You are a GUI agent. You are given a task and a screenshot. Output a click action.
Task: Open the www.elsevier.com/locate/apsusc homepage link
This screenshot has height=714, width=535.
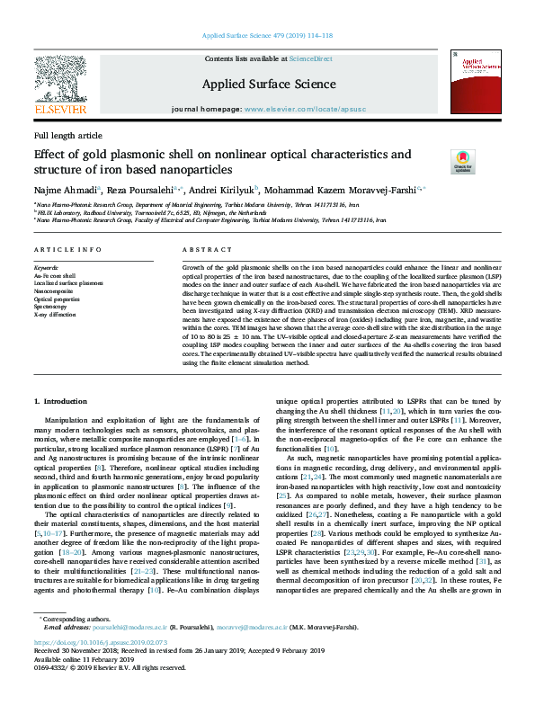[x=294, y=108]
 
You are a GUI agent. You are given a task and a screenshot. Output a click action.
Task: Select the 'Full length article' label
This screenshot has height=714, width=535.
[x=67, y=135]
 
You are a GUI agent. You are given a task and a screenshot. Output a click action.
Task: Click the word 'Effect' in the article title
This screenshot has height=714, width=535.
[x=50, y=154]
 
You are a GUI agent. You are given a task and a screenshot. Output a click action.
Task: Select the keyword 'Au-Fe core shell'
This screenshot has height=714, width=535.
[x=55, y=275]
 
